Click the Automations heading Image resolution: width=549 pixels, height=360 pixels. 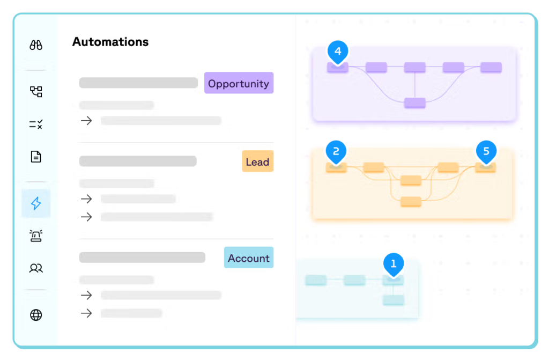[110, 42]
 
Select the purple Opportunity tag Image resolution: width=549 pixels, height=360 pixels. [239, 83]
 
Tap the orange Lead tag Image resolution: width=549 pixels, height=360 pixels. [257, 161]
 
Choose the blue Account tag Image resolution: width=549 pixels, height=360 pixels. [248, 258]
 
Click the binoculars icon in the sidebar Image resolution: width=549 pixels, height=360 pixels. [36, 46]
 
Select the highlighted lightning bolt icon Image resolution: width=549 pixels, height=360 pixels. [36, 203]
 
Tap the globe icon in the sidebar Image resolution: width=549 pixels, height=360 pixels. [36, 315]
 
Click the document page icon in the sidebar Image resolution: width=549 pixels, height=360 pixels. [36, 157]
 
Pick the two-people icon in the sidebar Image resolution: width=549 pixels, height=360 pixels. [36, 268]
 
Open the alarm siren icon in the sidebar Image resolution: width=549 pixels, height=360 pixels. [36, 236]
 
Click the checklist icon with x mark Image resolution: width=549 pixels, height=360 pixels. [36, 124]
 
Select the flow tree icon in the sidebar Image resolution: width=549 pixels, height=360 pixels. [36, 92]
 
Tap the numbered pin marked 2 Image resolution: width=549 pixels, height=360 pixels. [336, 152]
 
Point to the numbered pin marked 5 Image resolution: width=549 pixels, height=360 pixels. [486, 152]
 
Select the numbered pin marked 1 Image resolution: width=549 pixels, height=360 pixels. [394, 264]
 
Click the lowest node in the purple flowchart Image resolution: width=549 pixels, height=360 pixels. [415, 102]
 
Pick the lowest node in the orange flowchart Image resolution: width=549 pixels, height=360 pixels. [411, 202]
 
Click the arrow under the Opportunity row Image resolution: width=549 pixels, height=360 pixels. [86, 121]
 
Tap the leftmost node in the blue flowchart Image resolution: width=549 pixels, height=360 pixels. [316, 280]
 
